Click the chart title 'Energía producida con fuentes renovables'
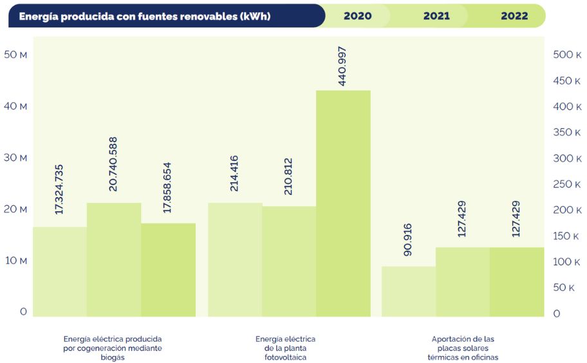[x=144, y=16]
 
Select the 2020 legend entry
[x=357, y=16]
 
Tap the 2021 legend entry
[x=436, y=16]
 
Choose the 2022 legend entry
[x=514, y=16]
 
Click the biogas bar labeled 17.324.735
[x=60, y=272]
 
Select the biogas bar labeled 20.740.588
[x=114, y=259]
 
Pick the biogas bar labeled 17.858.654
[x=168, y=270]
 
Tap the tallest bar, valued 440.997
[x=343, y=203]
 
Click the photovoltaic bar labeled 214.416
[x=235, y=259]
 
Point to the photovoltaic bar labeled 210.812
[x=289, y=261]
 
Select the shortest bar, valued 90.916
[x=409, y=291]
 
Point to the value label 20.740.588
[x=113, y=163]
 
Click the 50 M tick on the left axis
[x=15, y=55]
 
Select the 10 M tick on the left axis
[x=15, y=261]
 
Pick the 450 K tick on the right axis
[x=567, y=80]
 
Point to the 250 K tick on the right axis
[x=567, y=184]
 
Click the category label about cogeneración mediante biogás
[x=113, y=348]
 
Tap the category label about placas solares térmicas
[x=463, y=348]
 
